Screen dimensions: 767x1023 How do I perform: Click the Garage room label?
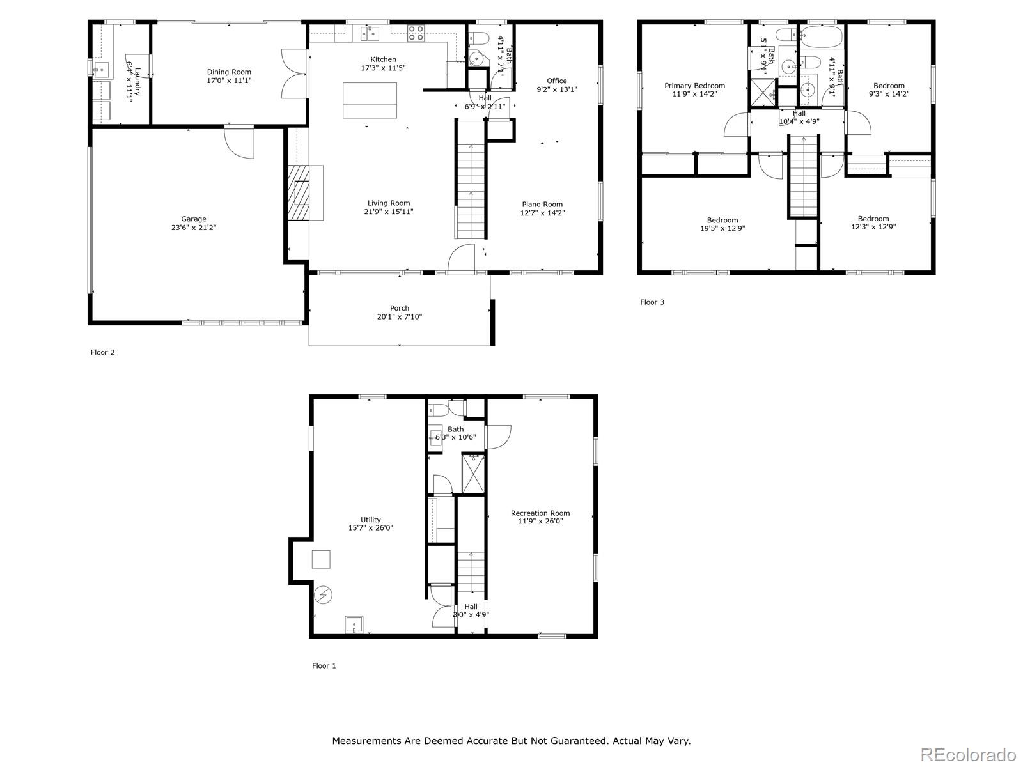pos(193,219)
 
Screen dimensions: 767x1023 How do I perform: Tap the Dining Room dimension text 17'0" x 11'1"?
pos(229,81)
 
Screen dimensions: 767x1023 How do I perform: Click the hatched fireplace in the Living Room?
pos(298,193)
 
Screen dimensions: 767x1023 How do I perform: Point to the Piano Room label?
pos(542,205)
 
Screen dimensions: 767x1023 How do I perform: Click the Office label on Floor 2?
pos(556,81)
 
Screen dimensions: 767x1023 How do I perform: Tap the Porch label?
pos(400,308)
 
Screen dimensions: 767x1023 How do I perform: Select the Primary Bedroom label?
pos(694,86)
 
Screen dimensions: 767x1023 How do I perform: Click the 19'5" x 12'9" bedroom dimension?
pos(722,228)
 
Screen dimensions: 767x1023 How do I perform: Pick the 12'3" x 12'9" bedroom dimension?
pos(873,226)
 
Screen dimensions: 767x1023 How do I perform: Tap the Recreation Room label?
pos(540,513)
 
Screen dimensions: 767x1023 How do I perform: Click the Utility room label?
pos(370,520)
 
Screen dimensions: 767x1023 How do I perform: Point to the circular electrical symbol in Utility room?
pos(324,595)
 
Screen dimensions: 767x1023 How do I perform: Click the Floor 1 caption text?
pos(324,665)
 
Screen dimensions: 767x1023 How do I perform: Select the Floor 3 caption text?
pos(652,302)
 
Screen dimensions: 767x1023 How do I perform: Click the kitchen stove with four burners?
pos(416,33)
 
